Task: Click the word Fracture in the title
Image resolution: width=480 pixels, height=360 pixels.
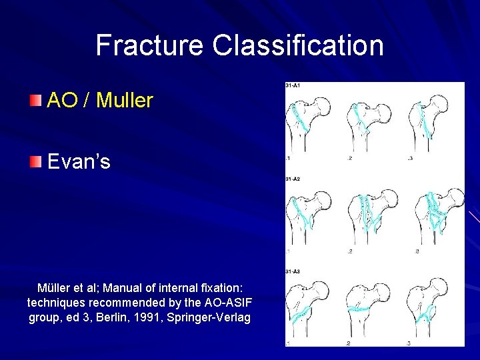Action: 150,45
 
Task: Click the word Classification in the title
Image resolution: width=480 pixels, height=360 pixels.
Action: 298,45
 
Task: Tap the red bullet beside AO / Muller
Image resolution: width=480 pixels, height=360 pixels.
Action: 35,100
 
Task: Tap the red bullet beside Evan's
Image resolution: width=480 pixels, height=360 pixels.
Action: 35,161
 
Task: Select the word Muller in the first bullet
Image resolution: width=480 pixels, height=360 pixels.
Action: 125,101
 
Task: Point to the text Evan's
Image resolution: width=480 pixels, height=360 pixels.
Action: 79,161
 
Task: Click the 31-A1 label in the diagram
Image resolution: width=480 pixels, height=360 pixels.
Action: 293,86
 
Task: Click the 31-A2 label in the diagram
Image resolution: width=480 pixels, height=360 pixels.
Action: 293,179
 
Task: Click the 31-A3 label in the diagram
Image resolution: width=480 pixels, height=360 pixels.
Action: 293,272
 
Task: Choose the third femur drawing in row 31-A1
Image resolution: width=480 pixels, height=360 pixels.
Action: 427,123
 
